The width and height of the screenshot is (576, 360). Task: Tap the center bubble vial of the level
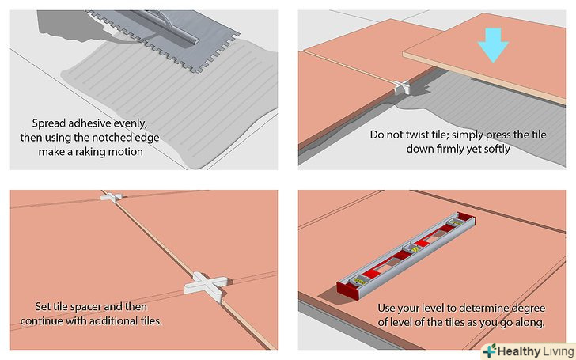(x=408, y=252)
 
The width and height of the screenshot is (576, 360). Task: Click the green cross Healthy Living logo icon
(x=489, y=350)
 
